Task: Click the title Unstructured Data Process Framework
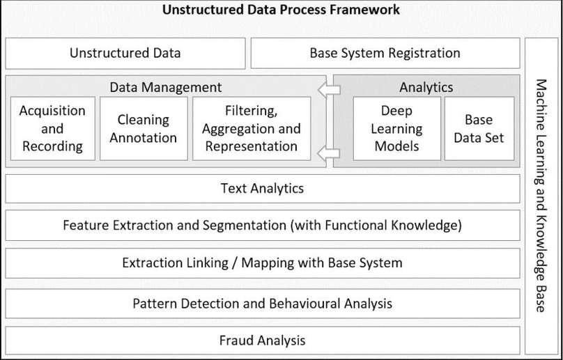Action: pos(281,10)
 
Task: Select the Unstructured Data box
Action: pos(125,53)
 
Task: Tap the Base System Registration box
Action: pos(385,53)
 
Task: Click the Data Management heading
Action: pos(166,87)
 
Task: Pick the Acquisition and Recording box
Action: pos(52,129)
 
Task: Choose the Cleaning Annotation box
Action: pos(144,129)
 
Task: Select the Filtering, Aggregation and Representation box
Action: pos(252,129)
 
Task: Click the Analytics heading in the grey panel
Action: pos(426,87)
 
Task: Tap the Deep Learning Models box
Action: pos(397,129)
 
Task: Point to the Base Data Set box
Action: pos(479,129)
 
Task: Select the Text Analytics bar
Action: pos(262,188)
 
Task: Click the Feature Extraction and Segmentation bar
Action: pos(262,226)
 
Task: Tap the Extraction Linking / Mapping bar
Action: pos(262,263)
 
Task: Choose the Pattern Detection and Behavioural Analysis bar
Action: pos(262,304)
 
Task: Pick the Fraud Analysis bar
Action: pos(262,341)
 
